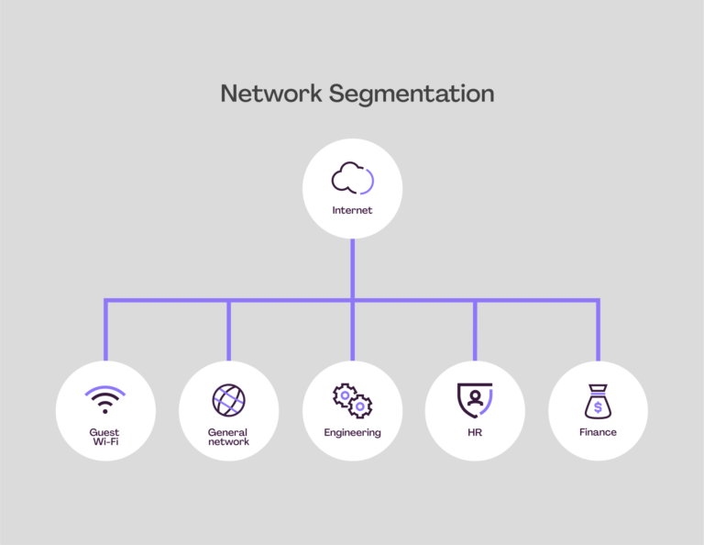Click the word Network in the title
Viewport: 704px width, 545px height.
pyautogui.click(x=270, y=94)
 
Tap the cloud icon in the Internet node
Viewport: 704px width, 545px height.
pyautogui.click(x=351, y=179)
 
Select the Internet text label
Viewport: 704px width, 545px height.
pyautogui.click(x=352, y=211)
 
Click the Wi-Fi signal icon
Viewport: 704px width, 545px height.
pyautogui.click(x=104, y=401)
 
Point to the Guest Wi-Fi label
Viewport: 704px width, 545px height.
pyautogui.click(x=104, y=437)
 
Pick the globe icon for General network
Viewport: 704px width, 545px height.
pyautogui.click(x=228, y=401)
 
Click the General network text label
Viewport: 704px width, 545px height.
pyautogui.click(x=228, y=437)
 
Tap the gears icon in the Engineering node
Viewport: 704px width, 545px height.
pyautogui.click(x=352, y=401)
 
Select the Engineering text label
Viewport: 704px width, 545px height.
pyautogui.click(x=352, y=432)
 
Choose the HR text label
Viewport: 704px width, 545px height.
pyautogui.click(x=475, y=432)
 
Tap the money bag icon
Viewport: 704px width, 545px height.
pyautogui.click(x=598, y=402)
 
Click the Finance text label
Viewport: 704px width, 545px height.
pyautogui.click(x=598, y=432)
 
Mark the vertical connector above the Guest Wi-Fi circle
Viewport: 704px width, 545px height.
pyautogui.click(x=105, y=330)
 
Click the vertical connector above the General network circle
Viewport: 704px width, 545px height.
pyautogui.click(x=229, y=330)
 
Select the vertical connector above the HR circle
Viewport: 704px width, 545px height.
pyautogui.click(x=475, y=330)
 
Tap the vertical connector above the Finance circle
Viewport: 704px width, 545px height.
pyautogui.click(x=598, y=330)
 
